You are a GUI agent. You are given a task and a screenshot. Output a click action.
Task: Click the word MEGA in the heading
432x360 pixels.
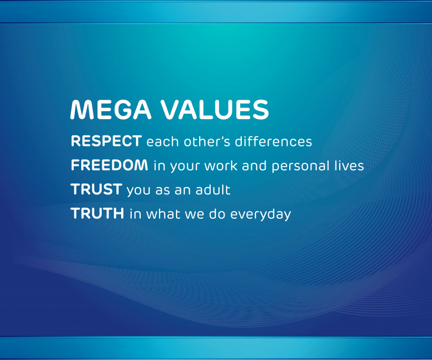111,109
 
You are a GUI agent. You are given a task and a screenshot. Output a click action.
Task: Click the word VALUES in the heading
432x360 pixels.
215,109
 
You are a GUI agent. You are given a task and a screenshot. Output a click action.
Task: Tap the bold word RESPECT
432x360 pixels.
106,141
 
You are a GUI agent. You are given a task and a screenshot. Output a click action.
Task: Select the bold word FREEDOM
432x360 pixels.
110,165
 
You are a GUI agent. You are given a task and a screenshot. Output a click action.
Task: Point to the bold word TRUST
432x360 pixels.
96,189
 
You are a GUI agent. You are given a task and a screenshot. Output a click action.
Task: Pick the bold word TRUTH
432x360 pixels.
97,213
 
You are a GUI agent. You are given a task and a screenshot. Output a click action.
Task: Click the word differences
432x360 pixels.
273,141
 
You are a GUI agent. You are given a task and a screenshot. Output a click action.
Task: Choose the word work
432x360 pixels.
221,166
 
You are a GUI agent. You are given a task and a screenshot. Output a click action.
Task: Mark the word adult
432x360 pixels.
213,190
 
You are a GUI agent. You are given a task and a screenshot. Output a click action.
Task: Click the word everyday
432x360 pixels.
260,215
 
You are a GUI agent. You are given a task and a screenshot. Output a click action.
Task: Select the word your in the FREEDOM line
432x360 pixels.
184,167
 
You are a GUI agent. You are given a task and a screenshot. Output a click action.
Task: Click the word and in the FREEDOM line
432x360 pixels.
254,166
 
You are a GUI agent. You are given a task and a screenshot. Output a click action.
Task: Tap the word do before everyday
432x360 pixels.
217,213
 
